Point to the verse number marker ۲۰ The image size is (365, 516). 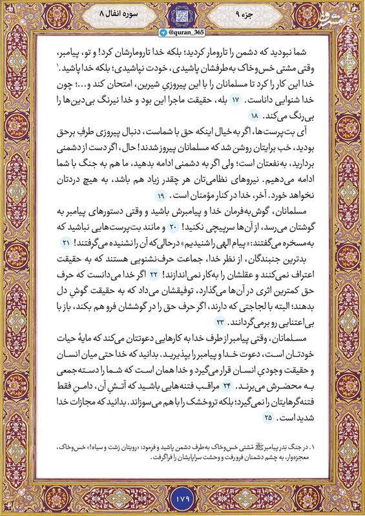[x=172, y=227]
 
